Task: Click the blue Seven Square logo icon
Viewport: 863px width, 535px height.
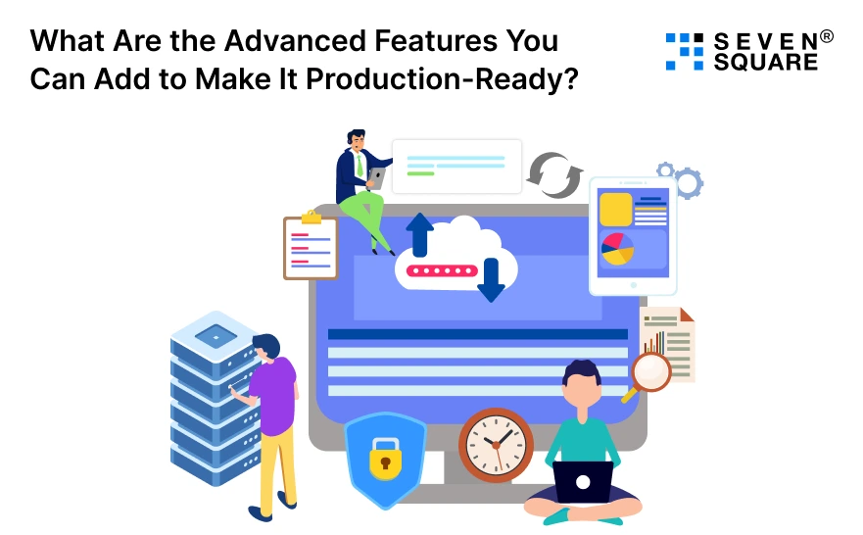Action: [684, 51]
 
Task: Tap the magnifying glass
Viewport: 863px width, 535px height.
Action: [648, 373]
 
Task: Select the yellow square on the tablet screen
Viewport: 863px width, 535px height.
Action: [615, 210]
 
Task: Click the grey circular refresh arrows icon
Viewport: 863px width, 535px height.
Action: [554, 175]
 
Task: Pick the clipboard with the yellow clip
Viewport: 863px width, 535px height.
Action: [310, 247]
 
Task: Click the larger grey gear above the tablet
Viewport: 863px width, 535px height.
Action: [689, 182]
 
